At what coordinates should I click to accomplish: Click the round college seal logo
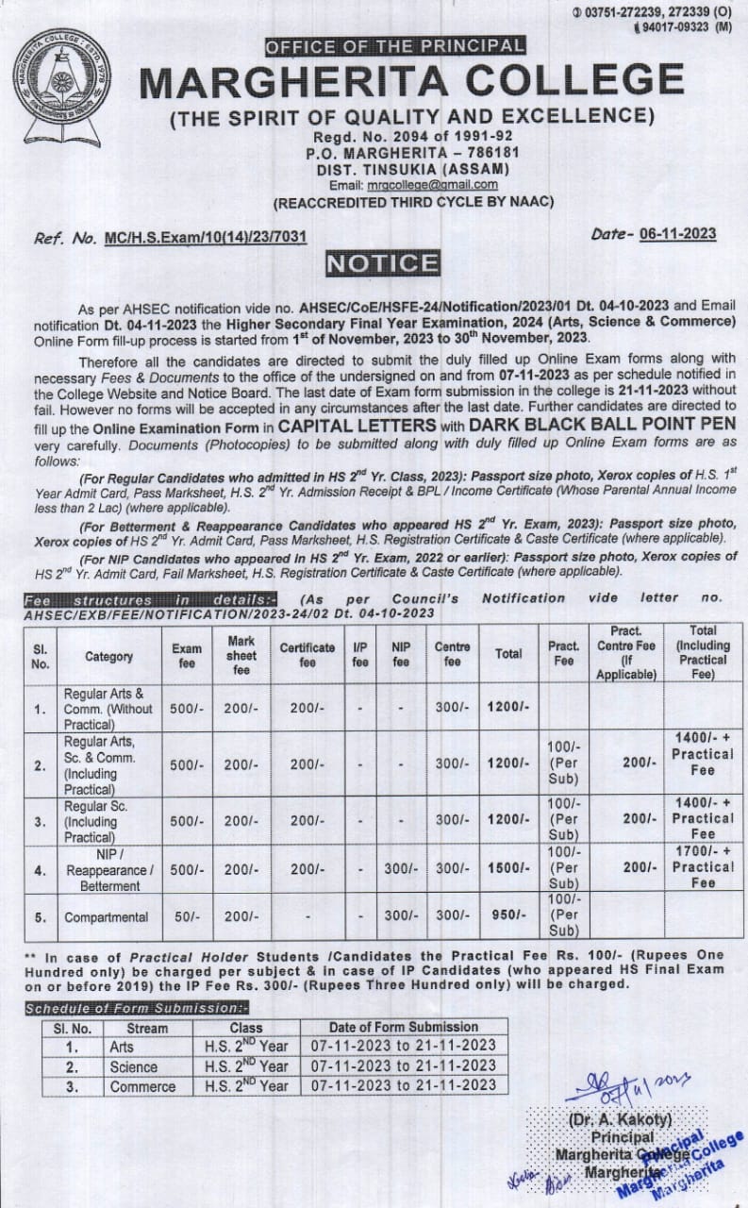pyautogui.click(x=61, y=76)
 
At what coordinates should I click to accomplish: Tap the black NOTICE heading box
pyautogui.click(x=382, y=264)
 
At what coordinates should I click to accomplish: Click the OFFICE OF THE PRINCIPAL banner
pyautogui.click(x=394, y=45)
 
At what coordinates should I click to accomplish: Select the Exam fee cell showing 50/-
pyautogui.click(x=186, y=916)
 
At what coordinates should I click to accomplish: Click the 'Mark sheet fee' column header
pyautogui.click(x=241, y=654)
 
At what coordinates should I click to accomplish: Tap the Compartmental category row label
pyautogui.click(x=106, y=916)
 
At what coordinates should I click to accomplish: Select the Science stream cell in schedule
pyautogui.click(x=133, y=1066)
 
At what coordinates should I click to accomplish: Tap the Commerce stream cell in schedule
pyautogui.click(x=142, y=1086)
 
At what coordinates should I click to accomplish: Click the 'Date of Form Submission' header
pyautogui.click(x=403, y=1027)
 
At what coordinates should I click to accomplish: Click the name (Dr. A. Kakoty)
pyautogui.click(x=620, y=1119)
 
